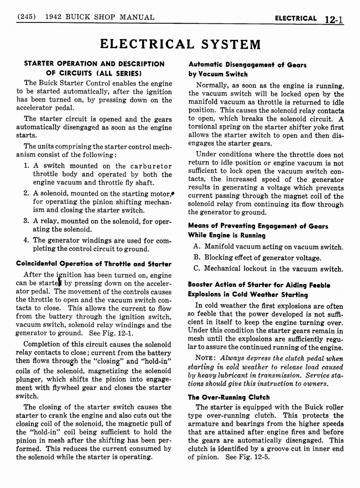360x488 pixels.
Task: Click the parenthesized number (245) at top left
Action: point(27,17)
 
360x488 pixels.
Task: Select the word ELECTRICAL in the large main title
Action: point(146,44)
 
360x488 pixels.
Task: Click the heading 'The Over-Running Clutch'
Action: point(229,397)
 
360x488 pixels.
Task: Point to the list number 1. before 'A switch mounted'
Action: point(27,166)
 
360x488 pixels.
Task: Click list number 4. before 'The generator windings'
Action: point(27,240)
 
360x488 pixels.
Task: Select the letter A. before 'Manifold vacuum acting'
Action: point(196,247)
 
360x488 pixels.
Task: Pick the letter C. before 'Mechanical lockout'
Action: point(196,269)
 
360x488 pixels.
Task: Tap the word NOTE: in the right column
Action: point(207,358)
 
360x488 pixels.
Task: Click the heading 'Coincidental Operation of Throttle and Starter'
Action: point(94,264)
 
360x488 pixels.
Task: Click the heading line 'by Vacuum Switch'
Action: point(218,74)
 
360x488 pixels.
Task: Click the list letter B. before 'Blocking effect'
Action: point(196,258)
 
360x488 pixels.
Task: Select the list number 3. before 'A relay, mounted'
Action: point(27,221)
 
